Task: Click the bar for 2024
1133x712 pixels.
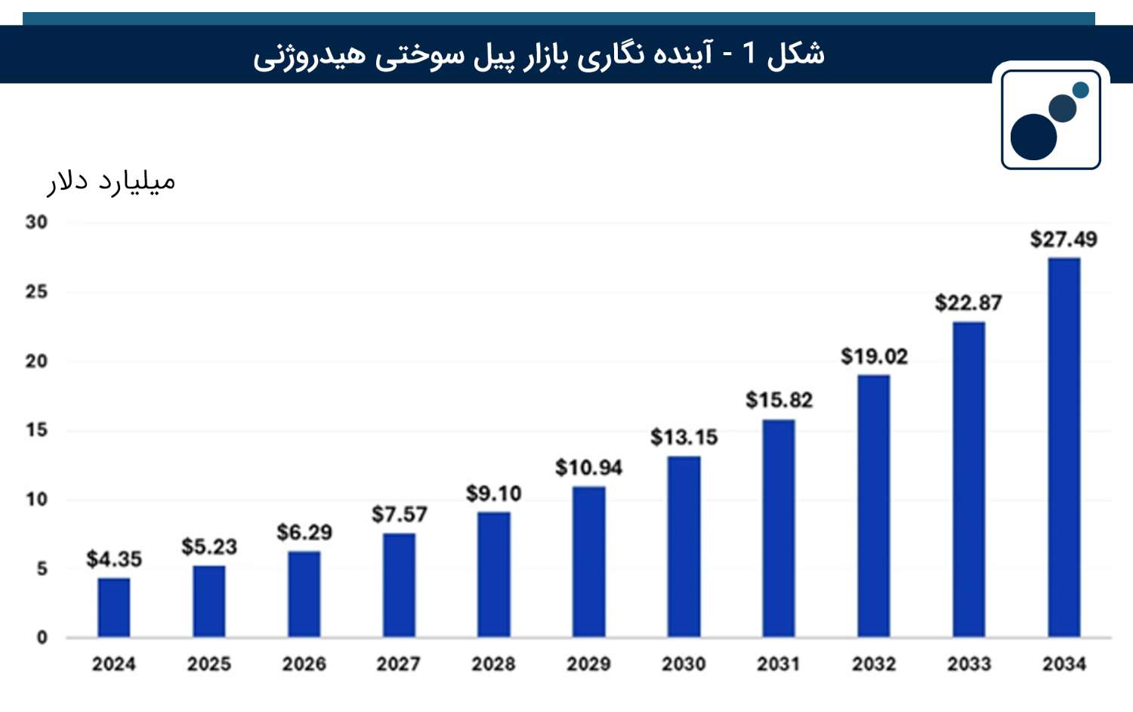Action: tap(114, 607)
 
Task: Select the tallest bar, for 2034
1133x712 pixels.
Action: tap(1064, 447)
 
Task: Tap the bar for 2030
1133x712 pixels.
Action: tap(684, 546)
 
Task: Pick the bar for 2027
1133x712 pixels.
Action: tap(399, 585)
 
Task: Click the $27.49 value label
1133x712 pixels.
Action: tap(1064, 240)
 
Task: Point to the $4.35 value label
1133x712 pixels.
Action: tap(114, 559)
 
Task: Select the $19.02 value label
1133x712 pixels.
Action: tap(874, 357)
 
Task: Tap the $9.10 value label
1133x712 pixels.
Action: tap(494, 494)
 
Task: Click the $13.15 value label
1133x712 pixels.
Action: tap(684, 437)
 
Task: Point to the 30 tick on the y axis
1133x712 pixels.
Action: tap(36, 222)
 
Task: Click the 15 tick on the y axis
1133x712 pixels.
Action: tap(36, 430)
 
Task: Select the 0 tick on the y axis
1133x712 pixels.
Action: tap(42, 638)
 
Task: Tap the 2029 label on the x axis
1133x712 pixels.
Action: tap(588, 664)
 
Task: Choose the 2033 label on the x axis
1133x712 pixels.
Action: tap(969, 664)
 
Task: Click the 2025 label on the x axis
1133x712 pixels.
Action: tap(209, 664)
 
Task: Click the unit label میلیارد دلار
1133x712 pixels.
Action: tap(111, 182)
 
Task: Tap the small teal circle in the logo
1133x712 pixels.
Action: tap(1080, 90)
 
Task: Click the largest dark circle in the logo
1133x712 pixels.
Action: tap(1034, 137)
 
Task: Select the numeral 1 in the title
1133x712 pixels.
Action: tap(749, 53)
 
